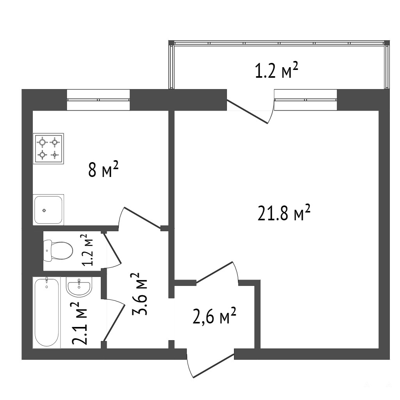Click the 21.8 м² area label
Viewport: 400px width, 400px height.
pyautogui.click(x=284, y=212)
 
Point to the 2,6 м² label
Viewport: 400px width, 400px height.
pyautogui.click(x=214, y=315)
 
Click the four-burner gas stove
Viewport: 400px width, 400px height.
pyautogui.click(x=48, y=148)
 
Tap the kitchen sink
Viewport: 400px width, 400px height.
pyautogui.click(x=48, y=209)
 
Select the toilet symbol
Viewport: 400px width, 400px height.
pyautogui.click(x=58, y=250)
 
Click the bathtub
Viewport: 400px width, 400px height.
pyautogui.click(x=47, y=312)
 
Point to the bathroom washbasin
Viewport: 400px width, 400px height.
pyautogui.click(x=79, y=287)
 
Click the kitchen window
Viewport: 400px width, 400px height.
pyautogui.click(x=98, y=100)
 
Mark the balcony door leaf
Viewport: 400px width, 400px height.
pyautogui.click(x=247, y=111)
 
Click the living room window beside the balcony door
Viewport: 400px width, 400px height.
pyautogui.click(x=305, y=100)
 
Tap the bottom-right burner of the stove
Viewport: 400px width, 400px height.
pyautogui.click(x=54, y=154)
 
